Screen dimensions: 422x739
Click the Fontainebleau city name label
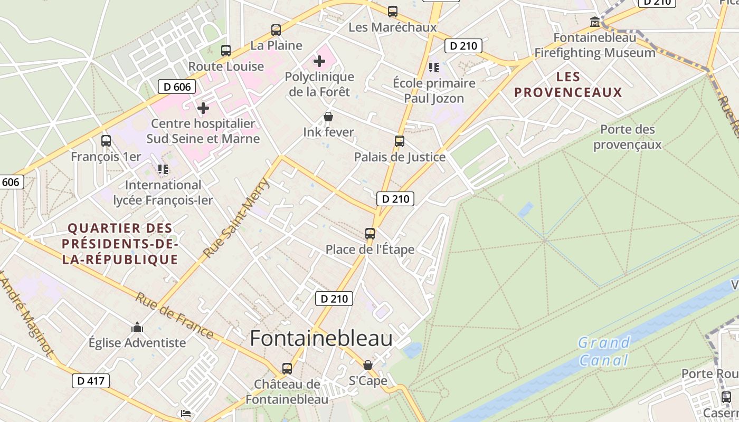pyautogui.click(x=321, y=338)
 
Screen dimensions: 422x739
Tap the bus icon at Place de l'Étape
pyautogui.click(x=370, y=233)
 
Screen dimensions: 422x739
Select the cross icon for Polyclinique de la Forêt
pyautogui.click(x=319, y=61)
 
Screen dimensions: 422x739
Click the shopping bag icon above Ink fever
pyautogui.click(x=328, y=117)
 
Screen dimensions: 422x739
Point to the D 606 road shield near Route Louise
pyautogui.click(x=177, y=87)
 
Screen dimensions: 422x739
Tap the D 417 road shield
pyautogui.click(x=90, y=380)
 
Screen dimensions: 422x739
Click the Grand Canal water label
pyautogui.click(x=604, y=351)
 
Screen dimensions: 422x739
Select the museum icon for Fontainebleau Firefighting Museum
pyautogui.click(x=595, y=22)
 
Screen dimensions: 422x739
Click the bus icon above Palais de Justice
pyautogui.click(x=400, y=141)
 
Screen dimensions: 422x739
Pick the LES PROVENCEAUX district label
pyautogui.click(x=569, y=84)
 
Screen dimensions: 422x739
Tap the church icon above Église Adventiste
pyautogui.click(x=137, y=328)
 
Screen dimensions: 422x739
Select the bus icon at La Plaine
pyautogui.click(x=276, y=30)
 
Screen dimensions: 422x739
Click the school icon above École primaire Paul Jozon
pyautogui.click(x=434, y=67)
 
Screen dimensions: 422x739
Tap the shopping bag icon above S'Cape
pyautogui.click(x=368, y=365)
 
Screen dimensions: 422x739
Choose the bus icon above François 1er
pyautogui.click(x=106, y=141)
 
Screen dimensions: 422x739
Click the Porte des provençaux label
pyautogui.click(x=627, y=137)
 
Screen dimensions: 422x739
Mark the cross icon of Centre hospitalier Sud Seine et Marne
pyautogui.click(x=203, y=108)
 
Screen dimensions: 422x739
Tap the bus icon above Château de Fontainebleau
pyautogui.click(x=287, y=368)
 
